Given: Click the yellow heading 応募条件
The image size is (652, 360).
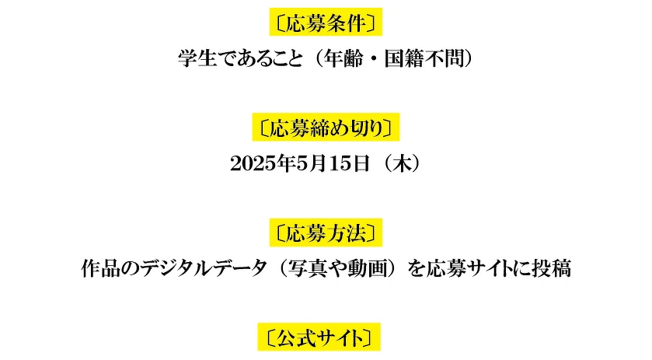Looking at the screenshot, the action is pos(326,22).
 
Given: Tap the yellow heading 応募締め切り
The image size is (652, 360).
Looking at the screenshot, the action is pos(326,127).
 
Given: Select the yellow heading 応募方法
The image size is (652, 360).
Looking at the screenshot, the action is pos(326,232).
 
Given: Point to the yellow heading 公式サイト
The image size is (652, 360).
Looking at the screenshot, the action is pos(319,337).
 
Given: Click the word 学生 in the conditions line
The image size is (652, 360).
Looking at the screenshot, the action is pos(197,58).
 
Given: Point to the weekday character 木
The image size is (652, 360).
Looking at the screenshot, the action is pos(402,163).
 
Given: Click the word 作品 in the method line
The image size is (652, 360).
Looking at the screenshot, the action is pos(100,268).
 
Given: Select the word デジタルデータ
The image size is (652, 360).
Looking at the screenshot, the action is pos(204,268).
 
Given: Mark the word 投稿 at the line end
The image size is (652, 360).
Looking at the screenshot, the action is pos(552,268).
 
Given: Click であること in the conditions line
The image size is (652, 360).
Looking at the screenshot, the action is pos(260,58).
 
